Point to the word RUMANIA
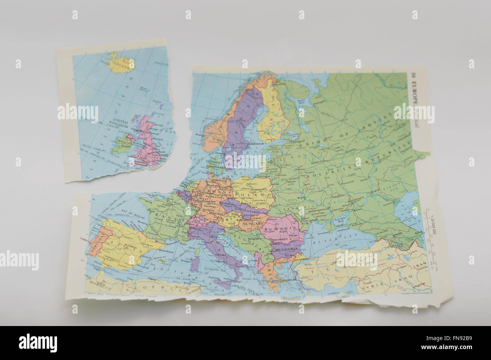pyautogui.click(x=279, y=229)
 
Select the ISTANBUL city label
pyautogui.click(x=302, y=260)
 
